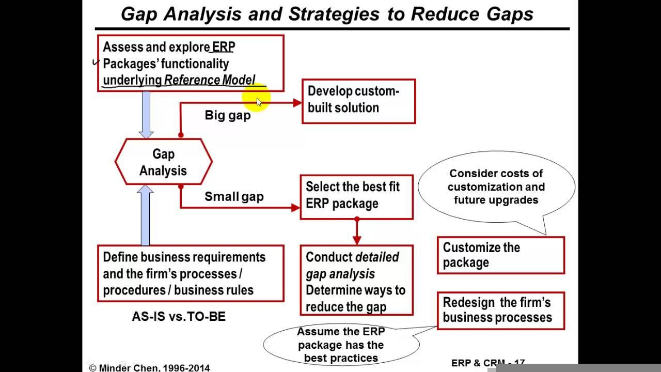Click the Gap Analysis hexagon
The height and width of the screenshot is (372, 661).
(x=163, y=162)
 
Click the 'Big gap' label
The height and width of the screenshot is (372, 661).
(x=227, y=115)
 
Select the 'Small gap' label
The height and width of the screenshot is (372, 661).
(x=233, y=196)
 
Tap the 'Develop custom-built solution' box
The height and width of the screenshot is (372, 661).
(x=358, y=101)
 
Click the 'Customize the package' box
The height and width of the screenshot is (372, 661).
(x=500, y=255)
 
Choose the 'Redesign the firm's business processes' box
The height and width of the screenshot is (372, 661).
(x=500, y=311)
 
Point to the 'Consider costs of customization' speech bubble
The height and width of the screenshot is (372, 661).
(x=496, y=188)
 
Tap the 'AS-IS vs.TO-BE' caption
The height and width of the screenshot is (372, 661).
(x=179, y=317)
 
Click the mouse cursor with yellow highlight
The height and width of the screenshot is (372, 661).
(x=258, y=101)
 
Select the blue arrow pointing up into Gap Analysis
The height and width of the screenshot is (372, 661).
(x=146, y=215)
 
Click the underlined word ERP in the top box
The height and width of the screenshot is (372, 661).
(x=224, y=47)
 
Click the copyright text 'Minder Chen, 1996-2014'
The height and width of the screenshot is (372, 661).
(x=150, y=368)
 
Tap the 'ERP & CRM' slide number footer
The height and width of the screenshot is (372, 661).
(x=487, y=363)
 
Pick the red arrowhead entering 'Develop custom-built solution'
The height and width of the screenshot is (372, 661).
(x=297, y=102)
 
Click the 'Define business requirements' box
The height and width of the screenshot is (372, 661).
(x=191, y=273)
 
